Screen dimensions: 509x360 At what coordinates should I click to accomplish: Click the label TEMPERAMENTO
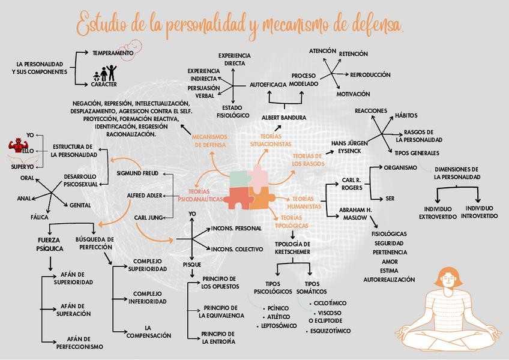[x=112, y=53]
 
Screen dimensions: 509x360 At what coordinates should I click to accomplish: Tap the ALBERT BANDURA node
[x=284, y=118]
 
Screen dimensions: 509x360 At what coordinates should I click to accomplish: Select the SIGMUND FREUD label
[x=137, y=173]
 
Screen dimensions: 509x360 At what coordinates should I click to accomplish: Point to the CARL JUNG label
[x=148, y=217]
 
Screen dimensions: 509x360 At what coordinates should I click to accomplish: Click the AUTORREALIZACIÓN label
[x=389, y=280]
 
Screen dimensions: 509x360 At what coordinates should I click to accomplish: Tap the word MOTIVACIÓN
[x=353, y=94]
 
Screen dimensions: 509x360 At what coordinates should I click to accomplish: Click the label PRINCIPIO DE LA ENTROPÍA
[x=218, y=337]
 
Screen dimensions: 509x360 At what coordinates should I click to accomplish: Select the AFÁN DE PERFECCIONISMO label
[x=80, y=343]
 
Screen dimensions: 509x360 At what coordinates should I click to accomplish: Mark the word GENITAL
[x=80, y=205]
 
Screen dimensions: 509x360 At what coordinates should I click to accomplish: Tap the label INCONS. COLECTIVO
[x=236, y=249]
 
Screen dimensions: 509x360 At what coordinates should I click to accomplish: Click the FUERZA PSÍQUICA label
[x=50, y=244]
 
